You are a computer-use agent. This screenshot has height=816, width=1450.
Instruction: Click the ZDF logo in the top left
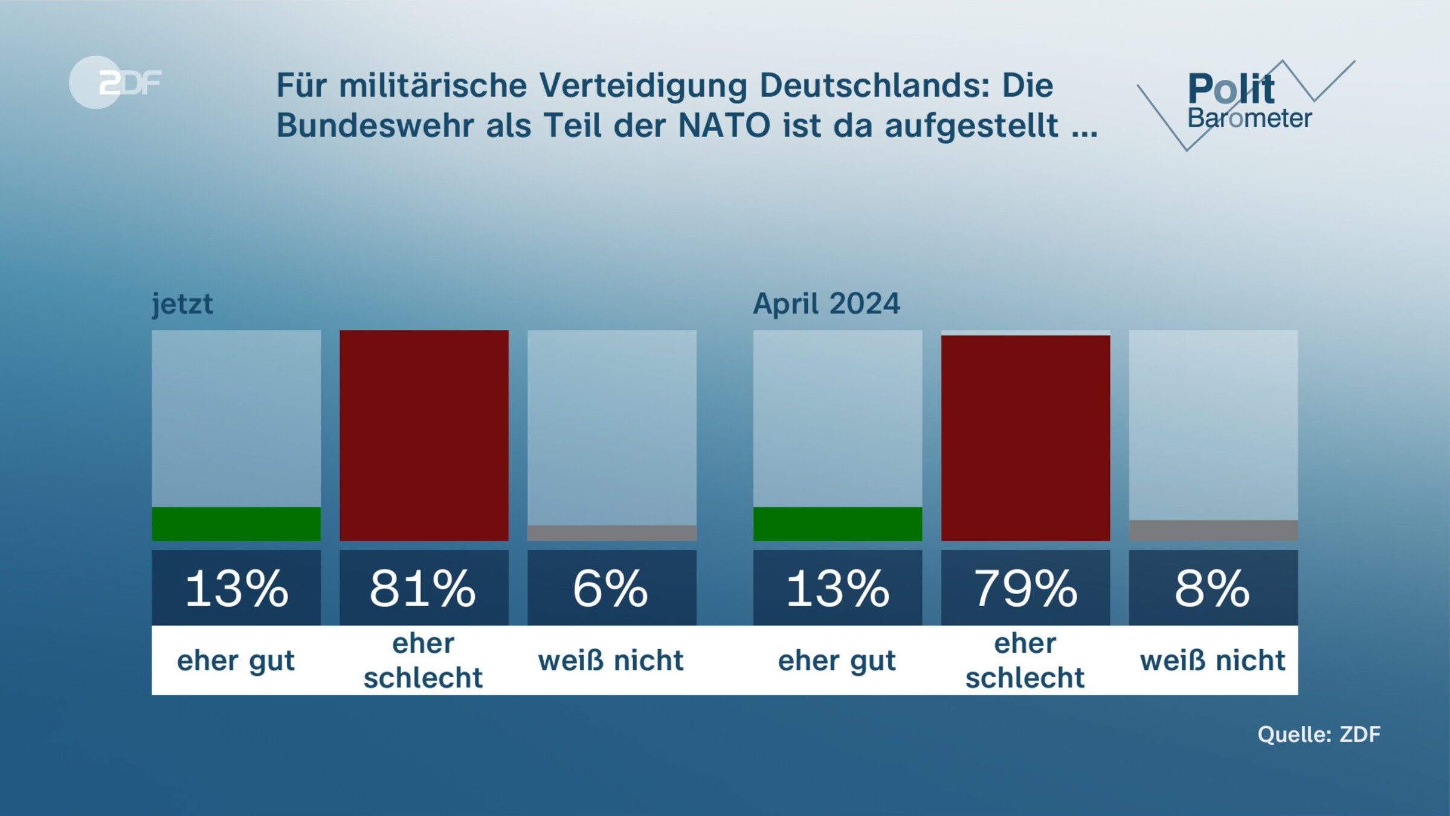click(x=115, y=82)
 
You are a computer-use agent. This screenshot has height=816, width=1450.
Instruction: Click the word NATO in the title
click(x=724, y=126)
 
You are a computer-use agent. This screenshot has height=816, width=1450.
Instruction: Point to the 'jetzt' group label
click(x=182, y=303)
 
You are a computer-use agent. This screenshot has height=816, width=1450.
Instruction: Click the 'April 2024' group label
click(x=826, y=303)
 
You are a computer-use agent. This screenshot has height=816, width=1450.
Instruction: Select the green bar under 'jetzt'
click(x=236, y=524)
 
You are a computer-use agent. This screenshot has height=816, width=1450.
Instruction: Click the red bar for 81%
click(x=424, y=435)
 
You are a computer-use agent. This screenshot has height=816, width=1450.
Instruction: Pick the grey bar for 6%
click(x=612, y=533)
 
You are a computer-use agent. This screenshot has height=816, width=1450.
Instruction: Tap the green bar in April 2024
click(x=837, y=524)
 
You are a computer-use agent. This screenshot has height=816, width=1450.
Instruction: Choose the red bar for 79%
click(x=1025, y=438)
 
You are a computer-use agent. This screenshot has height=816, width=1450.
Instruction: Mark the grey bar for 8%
click(x=1213, y=531)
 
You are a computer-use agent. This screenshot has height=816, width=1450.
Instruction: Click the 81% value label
click(x=424, y=588)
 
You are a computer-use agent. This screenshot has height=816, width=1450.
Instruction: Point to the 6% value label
click(x=612, y=588)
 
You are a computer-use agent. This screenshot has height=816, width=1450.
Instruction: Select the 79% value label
click(x=1025, y=588)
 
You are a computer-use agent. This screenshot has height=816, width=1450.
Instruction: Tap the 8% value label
click(x=1213, y=588)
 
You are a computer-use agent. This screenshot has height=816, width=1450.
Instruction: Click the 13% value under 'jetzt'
click(x=236, y=588)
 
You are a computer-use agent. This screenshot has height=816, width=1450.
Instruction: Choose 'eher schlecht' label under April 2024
click(x=1025, y=660)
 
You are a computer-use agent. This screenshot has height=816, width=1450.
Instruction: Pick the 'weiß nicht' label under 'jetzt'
click(x=611, y=660)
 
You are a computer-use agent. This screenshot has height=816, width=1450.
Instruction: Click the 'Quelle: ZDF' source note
click(x=1318, y=734)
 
